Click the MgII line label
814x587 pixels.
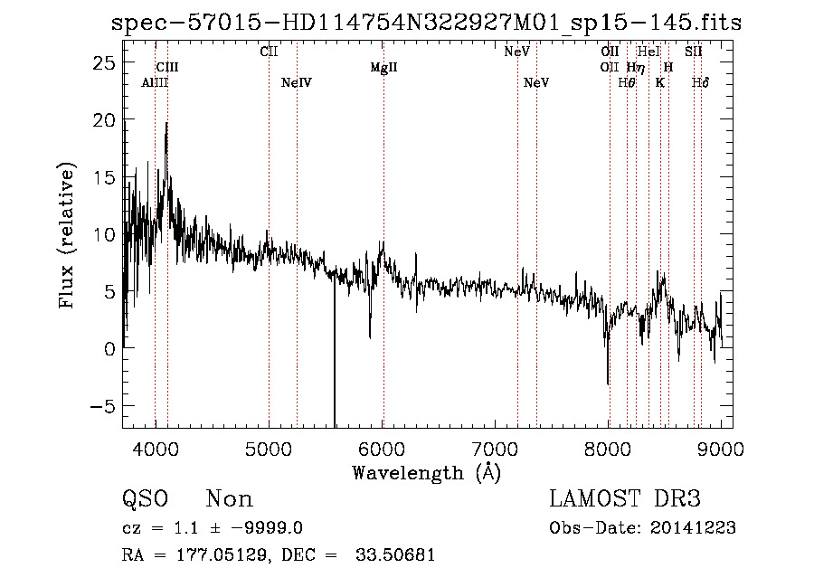click(x=384, y=68)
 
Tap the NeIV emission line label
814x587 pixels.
click(x=297, y=83)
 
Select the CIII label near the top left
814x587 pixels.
click(x=167, y=68)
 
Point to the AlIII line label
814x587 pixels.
click(x=155, y=83)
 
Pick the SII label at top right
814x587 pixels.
click(x=694, y=52)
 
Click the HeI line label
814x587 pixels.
click(x=648, y=52)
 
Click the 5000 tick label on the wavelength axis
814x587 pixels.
click(x=269, y=448)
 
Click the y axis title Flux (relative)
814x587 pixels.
click(x=67, y=235)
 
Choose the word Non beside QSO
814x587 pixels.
click(x=230, y=499)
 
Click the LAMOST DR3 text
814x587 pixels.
click(x=625, y=499)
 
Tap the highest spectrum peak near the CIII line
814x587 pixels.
click(x=166, y=124)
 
